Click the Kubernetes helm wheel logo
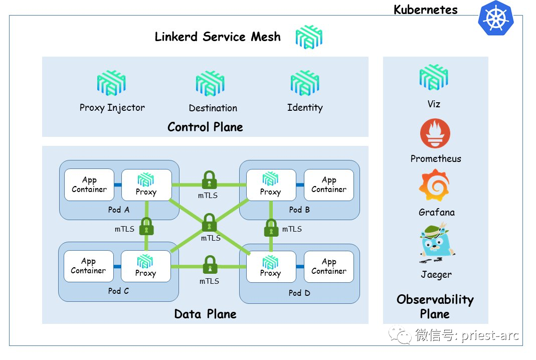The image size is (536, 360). click(496, 18)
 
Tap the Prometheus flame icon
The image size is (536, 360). click(435, 134)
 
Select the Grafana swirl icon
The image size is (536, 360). click(434, 186)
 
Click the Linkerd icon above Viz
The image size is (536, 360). click(433, 78)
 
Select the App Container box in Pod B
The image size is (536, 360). click(328, 185)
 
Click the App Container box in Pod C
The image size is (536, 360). click(89, 266)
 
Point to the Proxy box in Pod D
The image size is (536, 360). click(271, 266)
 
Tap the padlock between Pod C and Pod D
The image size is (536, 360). click(209, 265)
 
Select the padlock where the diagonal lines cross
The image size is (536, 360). click(210, 223)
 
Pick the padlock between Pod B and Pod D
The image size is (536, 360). click(271, 228)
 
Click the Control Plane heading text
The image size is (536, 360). click(205, 127)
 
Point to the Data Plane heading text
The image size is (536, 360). click(205, 314)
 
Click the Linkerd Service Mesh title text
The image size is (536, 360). click(218, 37)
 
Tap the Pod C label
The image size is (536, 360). click(118, 291)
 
